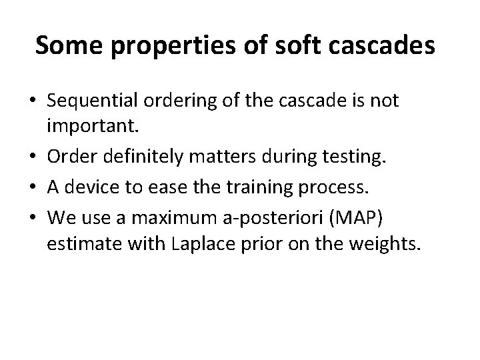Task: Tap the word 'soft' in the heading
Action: (283, 47)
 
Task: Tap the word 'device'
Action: (89, 182)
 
